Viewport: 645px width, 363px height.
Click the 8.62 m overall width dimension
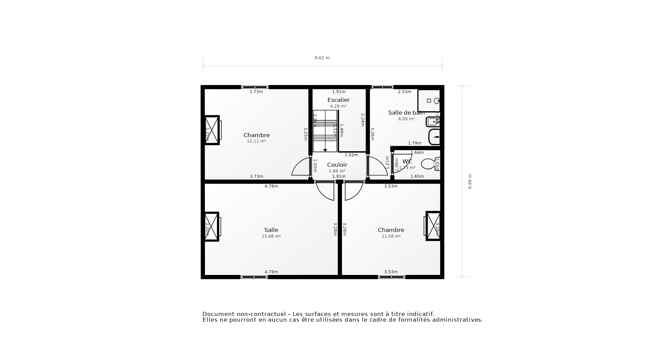(x=322, y=58)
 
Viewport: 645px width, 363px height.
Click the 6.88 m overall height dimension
(x=470, y=181)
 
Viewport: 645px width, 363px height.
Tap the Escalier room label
(x=338, y=100)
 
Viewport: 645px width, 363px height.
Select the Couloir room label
(x=337, y=165)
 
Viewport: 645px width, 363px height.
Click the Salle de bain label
(x=406, y=113)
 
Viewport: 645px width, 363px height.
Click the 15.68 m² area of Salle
(x=271, y=236)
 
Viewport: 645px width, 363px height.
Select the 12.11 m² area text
(x=256, y=141)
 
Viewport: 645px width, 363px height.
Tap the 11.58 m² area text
(x=391, y=236)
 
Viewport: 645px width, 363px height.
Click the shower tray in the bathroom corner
(x=429, y=100)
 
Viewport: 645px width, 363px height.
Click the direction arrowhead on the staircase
(x=325, y=150)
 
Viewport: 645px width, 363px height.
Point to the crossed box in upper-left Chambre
(x=212, y=130)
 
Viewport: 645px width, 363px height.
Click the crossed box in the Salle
(x=212, y=227)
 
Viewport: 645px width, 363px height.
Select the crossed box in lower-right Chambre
(x=433, y=226)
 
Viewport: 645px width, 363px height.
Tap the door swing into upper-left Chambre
(x=301, y=167)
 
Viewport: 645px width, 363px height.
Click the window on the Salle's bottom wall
(x=254, y=277)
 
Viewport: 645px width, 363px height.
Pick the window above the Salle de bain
(x=382, y=87)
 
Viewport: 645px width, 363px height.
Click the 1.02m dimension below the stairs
(x=351, y=155)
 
